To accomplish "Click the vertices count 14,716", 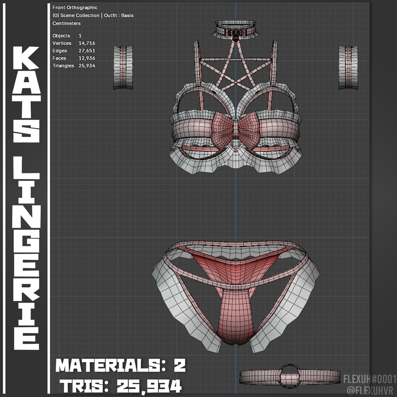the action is coord(87,43).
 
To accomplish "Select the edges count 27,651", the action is coord(87,51).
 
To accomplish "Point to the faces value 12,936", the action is coord(87,58).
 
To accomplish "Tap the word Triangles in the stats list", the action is coord(63,66).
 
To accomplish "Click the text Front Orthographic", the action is coord(75,8).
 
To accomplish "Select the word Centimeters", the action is coord(66,23).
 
